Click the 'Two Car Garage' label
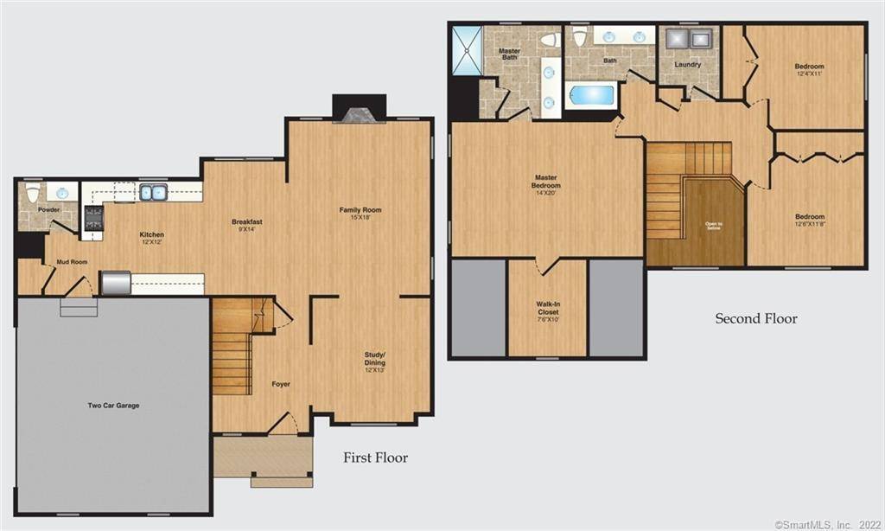pos(113,406)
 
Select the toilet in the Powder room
pos(32,194)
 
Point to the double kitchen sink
pos(154,192)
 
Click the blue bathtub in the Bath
pos(591,95)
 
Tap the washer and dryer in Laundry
pos(688,38)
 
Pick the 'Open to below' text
pos(713,227)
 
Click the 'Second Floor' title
pos(755,318)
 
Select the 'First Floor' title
pos(375,457)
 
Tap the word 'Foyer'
pos(281,384)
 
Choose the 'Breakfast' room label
pos(247,222)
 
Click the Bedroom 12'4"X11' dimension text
pos(810,74)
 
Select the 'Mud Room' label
pos(73,260)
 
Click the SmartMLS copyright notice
pos(829,524)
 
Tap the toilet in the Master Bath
pos(548,40)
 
